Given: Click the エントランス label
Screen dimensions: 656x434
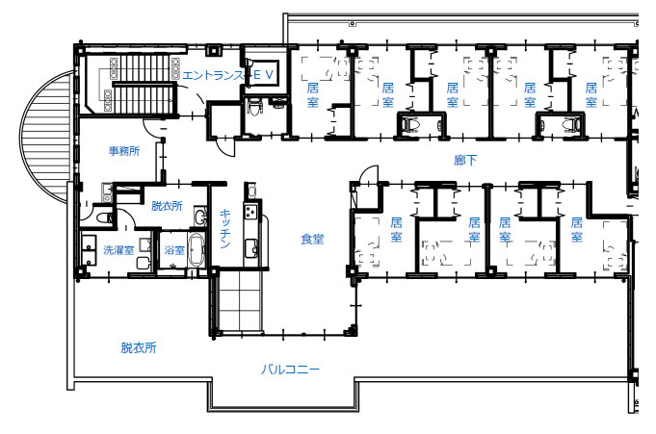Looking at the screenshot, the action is pos(213,75).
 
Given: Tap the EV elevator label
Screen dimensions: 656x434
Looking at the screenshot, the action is pos(264,75).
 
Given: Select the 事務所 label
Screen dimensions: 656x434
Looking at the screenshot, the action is pos(124,151).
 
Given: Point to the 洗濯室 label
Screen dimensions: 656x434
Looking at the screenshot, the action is pos(118,250).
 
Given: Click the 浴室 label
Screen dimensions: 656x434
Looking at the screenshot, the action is pos(174,250).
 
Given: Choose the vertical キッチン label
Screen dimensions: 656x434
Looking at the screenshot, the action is pos(224,228).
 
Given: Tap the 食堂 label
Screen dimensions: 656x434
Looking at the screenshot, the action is pos(312,239).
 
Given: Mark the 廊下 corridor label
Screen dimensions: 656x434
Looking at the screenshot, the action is pos(465,160).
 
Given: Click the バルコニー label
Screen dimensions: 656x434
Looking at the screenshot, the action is pos(290,370).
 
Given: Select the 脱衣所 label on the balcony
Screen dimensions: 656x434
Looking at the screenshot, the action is pos(139,347).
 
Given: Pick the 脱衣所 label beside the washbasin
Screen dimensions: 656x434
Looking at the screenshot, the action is pos(167,206).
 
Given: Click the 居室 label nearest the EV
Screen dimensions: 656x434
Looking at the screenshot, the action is pos(312,95).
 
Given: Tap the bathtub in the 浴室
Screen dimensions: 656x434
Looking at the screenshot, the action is pos(197,249).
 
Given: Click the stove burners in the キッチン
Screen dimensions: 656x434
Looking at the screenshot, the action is pos(251,212).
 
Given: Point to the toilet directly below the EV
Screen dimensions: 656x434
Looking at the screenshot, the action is pos(254,107).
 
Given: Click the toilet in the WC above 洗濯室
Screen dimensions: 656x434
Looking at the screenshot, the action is pos(103,217).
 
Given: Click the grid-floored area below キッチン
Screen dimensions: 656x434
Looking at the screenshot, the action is pos(239,300).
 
